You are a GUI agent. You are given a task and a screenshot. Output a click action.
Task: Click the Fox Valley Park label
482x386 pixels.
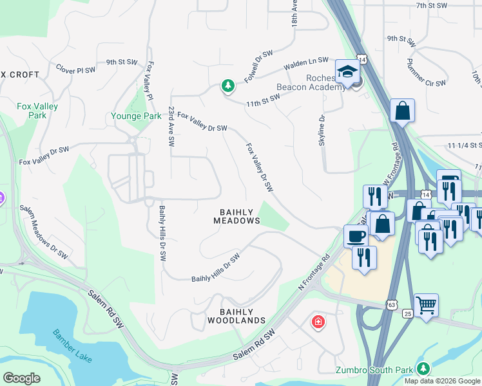(37, 111)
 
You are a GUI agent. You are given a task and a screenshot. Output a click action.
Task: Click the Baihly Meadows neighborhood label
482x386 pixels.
(236, 216)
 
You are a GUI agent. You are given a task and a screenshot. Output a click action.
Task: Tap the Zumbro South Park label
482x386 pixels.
(375, 369)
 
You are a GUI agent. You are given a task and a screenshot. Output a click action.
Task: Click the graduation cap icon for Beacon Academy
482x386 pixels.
(347, 71)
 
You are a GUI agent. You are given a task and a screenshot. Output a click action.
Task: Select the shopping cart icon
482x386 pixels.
(426, 305)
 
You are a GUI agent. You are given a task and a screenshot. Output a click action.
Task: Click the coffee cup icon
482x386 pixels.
(355, 236)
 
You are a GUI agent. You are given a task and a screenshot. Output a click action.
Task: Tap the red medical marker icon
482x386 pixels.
(318, 322)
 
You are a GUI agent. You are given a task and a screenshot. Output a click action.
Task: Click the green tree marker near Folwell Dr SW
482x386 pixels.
(227, 86)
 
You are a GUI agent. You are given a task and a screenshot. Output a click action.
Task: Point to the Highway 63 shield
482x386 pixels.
(392, 303)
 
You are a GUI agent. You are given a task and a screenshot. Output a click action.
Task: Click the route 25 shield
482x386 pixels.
(407, 313)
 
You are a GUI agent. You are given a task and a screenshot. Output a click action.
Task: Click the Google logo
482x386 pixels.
(21, 378)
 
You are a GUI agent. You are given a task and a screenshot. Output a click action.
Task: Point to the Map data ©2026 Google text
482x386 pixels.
(443, 381)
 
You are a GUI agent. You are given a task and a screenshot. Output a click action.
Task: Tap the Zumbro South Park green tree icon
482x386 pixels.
(423, 369)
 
